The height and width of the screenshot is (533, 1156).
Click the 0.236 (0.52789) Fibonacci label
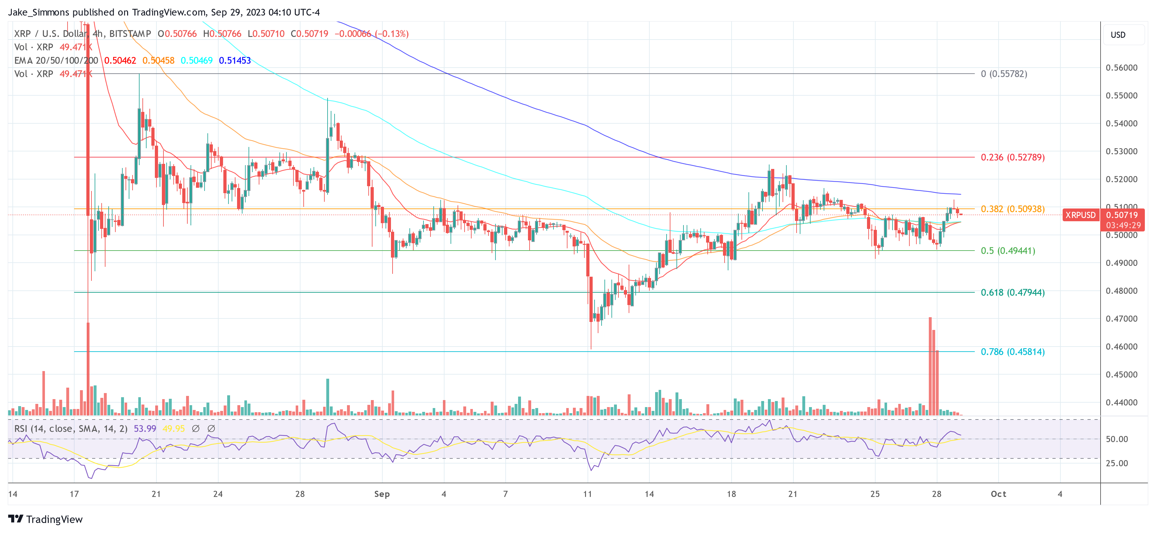coord(1012,157)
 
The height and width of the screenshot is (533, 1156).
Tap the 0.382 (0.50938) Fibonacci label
coord(1012,209)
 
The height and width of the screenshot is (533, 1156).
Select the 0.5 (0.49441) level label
coord(1008,251)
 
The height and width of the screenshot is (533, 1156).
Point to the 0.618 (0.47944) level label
coord(1012,292)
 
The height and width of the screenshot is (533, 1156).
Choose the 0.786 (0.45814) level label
coord(1012,352)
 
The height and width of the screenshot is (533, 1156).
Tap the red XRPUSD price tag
coord(1080,215)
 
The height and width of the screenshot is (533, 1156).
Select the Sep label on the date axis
coord(382,494)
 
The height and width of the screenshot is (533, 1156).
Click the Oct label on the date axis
coord(999,494)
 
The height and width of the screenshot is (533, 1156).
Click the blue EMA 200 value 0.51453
coord(235,61)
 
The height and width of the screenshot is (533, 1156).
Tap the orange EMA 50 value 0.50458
coord(158,61)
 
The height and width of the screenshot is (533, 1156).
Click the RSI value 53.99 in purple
coord(145,429)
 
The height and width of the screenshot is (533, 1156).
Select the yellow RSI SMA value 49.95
coord(174,429)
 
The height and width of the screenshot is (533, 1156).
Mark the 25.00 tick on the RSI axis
coord(1116,463)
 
